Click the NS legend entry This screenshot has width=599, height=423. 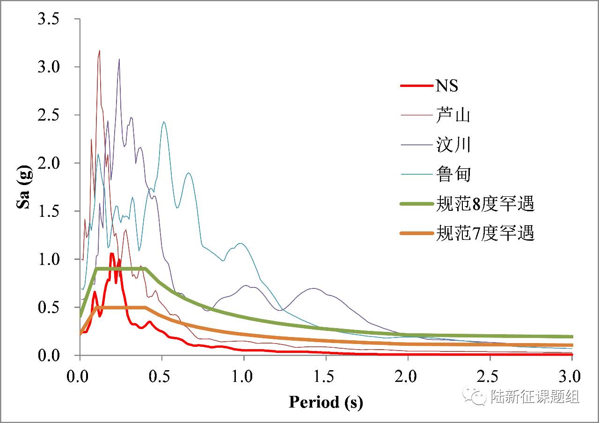tap(447, 86)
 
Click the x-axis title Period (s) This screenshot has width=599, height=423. tap(326, 401)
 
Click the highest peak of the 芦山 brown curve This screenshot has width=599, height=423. tap(100, 50)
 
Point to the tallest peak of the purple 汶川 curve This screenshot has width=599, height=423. tap(119, 59)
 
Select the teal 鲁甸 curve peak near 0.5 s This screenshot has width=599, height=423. tap(164, 122)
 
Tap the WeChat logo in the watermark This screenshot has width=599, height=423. tap(474, 397)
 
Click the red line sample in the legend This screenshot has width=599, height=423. tap(415, 86)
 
